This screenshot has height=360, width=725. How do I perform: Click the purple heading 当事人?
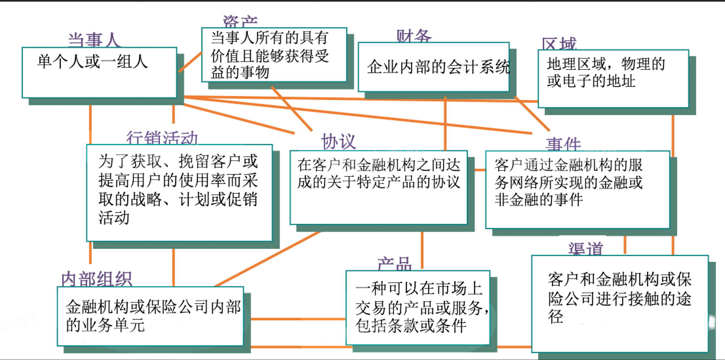pos(94,40)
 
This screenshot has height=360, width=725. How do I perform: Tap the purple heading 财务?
pos(414,36)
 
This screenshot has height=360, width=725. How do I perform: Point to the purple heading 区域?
pos(559,44)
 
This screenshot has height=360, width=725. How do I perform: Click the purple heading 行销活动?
pos(162,138)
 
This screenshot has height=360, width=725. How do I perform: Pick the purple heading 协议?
pos(338,142)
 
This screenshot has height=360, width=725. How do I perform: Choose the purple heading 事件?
pos(563,144)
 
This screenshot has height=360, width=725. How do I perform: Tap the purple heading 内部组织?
pos(97,279)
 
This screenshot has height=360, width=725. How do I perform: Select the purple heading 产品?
pos(394,264)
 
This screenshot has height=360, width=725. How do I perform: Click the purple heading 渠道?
pos(586,249)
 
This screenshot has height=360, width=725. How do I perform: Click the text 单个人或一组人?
pos(93,62)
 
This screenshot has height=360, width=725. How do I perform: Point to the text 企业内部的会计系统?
pos(439,67)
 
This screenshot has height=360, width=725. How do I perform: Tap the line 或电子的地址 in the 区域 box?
pos(591,81)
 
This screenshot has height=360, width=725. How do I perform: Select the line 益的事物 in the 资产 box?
pos(240,72)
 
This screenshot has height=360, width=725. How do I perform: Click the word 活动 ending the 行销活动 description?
pos(114,218)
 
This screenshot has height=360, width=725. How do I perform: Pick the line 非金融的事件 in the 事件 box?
pos(539,200)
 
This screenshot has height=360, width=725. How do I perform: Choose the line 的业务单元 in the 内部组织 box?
pos(106,325)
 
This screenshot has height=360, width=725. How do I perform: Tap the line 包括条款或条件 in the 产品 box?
pos(411,326)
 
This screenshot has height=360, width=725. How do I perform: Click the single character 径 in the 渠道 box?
pos(556,316)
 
